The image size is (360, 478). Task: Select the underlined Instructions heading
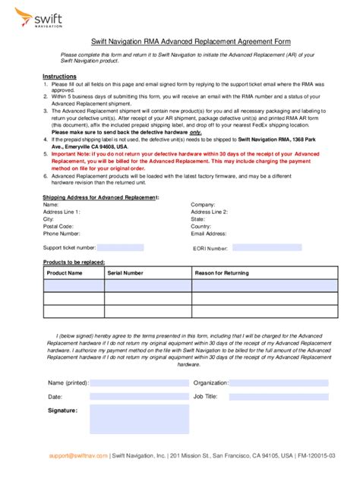pos(58,77)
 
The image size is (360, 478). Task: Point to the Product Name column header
pos(65,272)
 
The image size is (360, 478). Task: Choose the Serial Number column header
pos(125,272)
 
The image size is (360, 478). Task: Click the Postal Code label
pos(58,226)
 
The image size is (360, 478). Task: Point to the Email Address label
pos(209,234)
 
